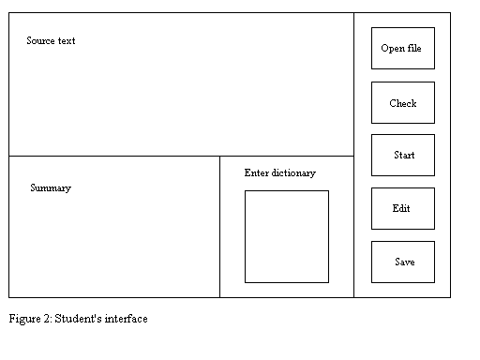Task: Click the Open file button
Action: [x=403, y=48]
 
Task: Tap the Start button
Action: [x=403, y=155]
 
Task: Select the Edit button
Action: [x=403, y=208]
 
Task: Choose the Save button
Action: [x=403, y=262]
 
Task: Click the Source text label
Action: [x=51, y=40]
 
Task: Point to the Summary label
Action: [x=51, y=187]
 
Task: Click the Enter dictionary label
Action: [x=280, y=172]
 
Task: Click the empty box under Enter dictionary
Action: [x=287, y=236]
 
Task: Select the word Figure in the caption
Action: [x=24, y=319]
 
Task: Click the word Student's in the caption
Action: [x=78, y=319]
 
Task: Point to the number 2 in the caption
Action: [x=48, y=319]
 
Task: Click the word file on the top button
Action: [x=414, y=48]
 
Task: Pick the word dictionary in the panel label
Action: [x=293, y=172]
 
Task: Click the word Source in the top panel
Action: [x=40, y=40]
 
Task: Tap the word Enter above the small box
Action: [x=257, y=172]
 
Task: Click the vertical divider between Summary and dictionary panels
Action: [x=219, y=227]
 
